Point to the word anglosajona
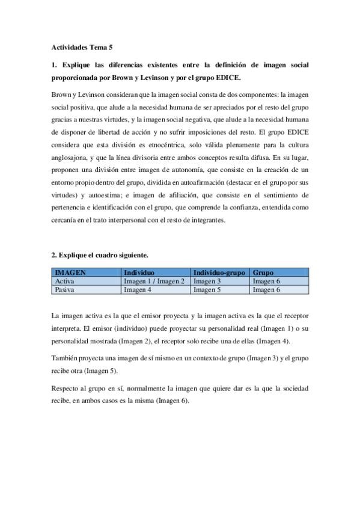coord(71,159)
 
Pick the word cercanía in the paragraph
coord(65,220)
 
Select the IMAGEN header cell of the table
coord(70,272)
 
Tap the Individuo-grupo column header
coord(219,272)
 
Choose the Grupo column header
coord(263,272)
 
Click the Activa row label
coord(64,281)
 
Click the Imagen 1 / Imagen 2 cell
coord(154,281)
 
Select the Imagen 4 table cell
coord(137,289)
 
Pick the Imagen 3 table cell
coord(207,281)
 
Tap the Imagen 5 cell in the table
coord(207,289)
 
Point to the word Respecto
coord(66,389)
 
